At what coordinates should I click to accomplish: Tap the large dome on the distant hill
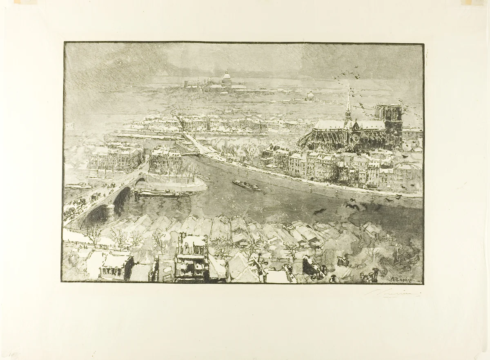pyautogui.click(x=226, y=78)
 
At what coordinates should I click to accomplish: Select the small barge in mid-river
pyautogui.click(x=246, y=185)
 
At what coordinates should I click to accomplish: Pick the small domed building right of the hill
pyautogui.click(x=310, y=96)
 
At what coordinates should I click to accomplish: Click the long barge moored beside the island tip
pyautogui.click(x=159, y=192)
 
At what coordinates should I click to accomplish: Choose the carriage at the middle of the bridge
pyautogui.click(x=95, y=196)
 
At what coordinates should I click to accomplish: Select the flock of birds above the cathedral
pyautogui.click(x=347, y=76)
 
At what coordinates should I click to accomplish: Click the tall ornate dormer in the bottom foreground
pyautogui.click(x=191, y=257)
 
